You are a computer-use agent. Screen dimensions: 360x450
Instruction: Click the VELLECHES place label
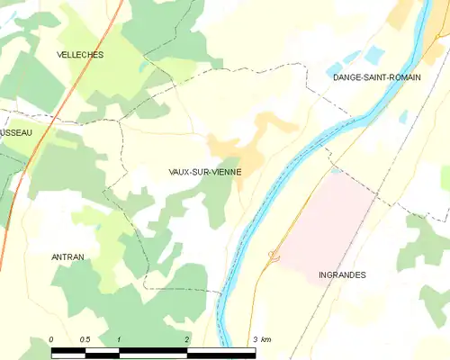pyautogui.click(x=80, y=55)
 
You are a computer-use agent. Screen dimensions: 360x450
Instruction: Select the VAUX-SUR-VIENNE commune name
pyautogui.click(x=204, y=171)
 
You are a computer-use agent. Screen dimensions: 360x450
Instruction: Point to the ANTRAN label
pyautogui.click(x=67, y=256)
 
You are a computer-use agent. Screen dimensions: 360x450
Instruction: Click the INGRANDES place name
pyautogui.click(x=342, y=274)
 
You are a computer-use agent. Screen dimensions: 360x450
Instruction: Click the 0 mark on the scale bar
pyautogui.click(x=51, y=339)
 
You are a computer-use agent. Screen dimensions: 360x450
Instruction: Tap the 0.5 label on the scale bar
pyautogui.click(x=85, y=339)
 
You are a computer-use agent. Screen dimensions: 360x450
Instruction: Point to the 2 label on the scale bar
pyautogui.click(x=186, y=339)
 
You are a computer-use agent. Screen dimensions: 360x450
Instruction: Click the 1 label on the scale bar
pyautogui.click(x=119, y=339)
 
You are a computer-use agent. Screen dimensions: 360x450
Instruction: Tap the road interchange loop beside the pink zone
pyautogui.click(x=274, y=256)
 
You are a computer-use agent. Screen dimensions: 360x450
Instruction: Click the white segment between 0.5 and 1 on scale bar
pyautogui.click(x=102, y=350)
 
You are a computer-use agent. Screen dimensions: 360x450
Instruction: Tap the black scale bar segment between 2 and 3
pyautogui.click(x=220, y=350)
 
